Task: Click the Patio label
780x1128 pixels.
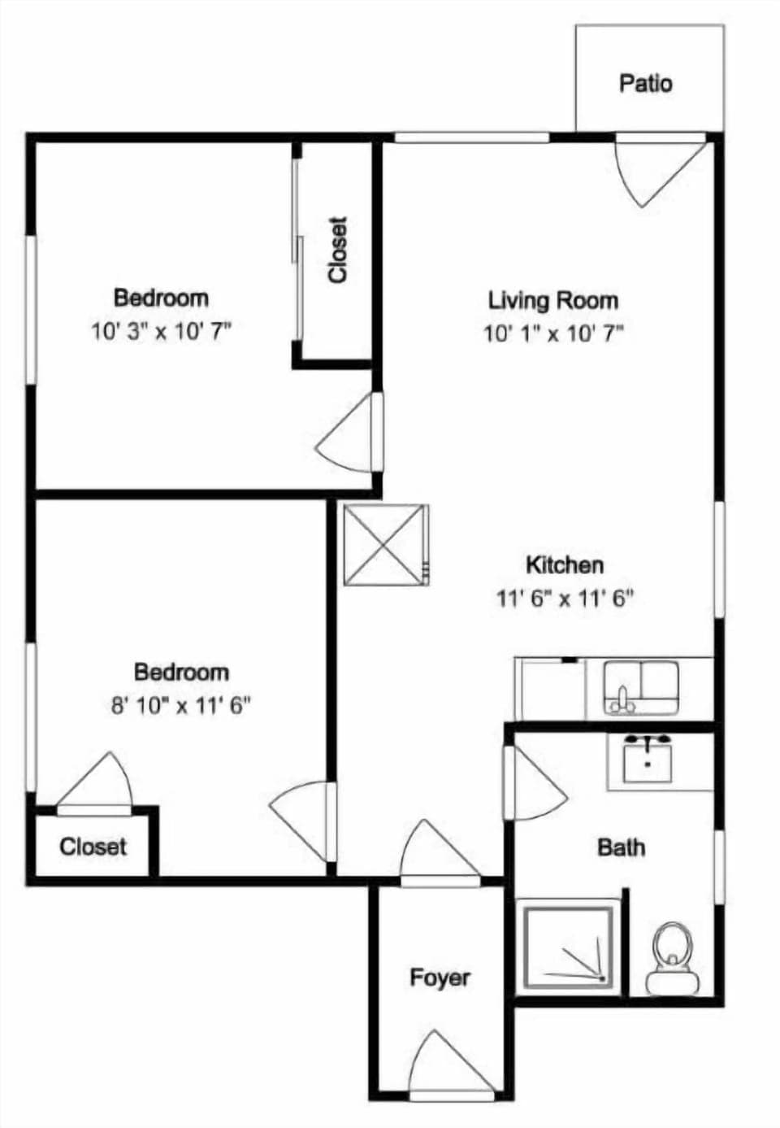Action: (646, 83)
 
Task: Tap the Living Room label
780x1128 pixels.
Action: (552, 300)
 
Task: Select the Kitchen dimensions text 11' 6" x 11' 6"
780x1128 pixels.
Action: (565, 599)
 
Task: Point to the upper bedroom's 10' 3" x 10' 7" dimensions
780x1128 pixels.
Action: (162, 332)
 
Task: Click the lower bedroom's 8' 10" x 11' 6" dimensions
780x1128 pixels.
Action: (180, 706)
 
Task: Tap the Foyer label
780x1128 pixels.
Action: (440, 977)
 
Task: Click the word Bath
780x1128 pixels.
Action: (621, 847)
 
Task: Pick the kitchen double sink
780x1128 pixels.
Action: (641, 687)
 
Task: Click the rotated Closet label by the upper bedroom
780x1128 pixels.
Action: (337, 250)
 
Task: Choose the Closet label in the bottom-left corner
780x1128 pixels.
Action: (93, 847)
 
